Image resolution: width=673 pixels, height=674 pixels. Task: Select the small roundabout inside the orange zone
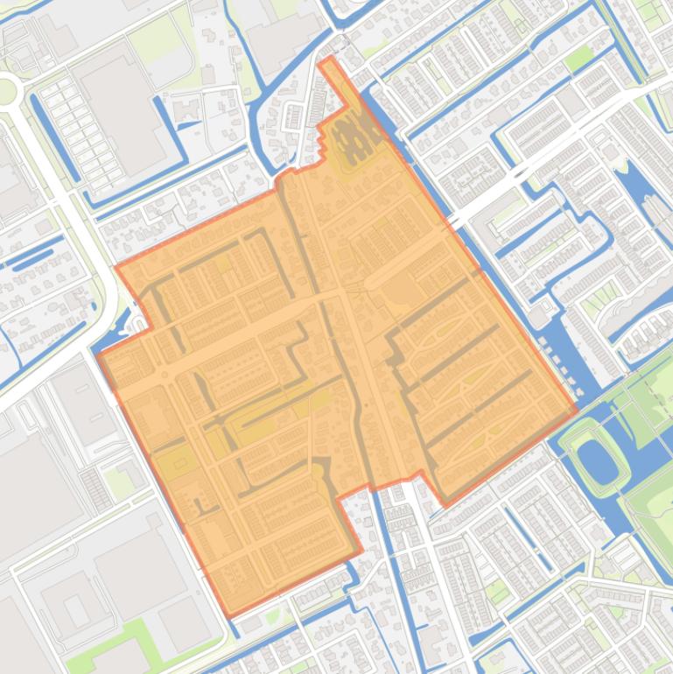(x=165, y=376)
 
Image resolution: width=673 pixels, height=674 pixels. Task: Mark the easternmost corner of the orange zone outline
(x=576, y=408)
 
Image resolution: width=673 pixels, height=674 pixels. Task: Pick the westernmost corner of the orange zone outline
(x=100, y=356)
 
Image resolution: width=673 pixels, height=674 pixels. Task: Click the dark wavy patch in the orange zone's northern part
(x=356, y=137)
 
